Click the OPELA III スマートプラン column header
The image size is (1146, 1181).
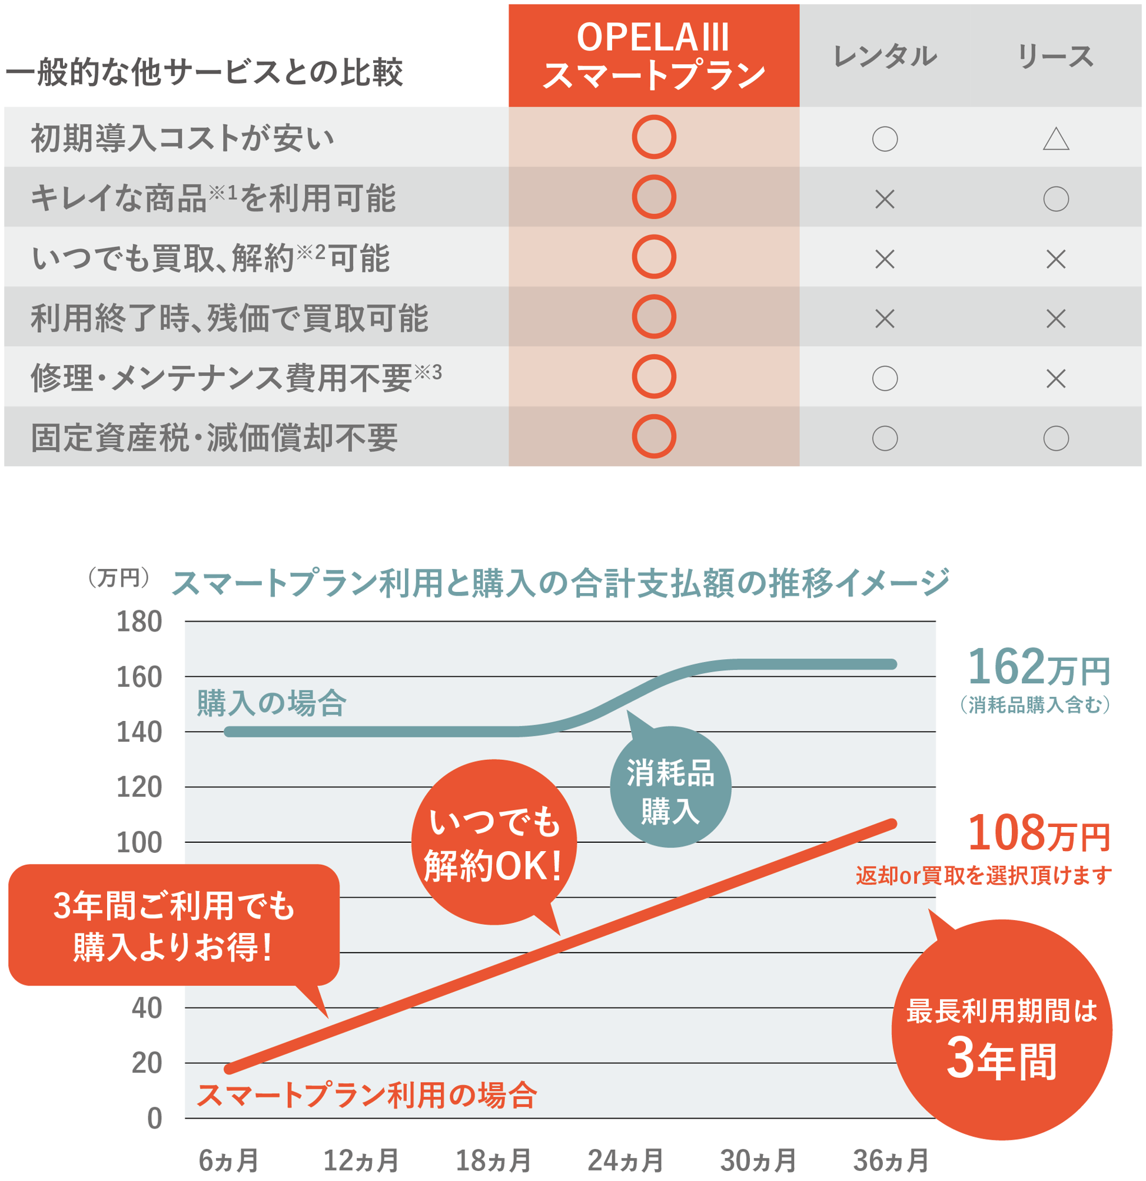coord(653,55)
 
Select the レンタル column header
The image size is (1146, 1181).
coord(884,56)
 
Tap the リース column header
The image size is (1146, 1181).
coord(1055,56)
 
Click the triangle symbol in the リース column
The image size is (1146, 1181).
coord(1055,139)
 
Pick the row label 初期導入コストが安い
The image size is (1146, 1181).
coord(182,138)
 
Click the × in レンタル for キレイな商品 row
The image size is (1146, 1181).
coord(884,199)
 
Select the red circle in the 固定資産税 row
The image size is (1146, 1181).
coord(653,436)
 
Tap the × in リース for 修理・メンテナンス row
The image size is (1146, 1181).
coord(1055,378)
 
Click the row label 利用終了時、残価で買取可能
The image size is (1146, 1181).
coord(229,317)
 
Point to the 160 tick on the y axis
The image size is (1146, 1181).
coord(139,677)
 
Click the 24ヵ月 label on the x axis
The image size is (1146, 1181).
coord(625,1160)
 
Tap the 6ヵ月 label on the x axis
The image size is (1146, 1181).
coord(228,1160)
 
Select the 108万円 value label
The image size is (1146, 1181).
coord(1038,834)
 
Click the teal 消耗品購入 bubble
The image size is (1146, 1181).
coord(670,790)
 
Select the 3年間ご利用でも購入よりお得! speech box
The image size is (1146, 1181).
coord(174,925)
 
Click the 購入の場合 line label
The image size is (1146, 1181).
coord(271,703)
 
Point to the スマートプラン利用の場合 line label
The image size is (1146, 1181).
coord(366,1095)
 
